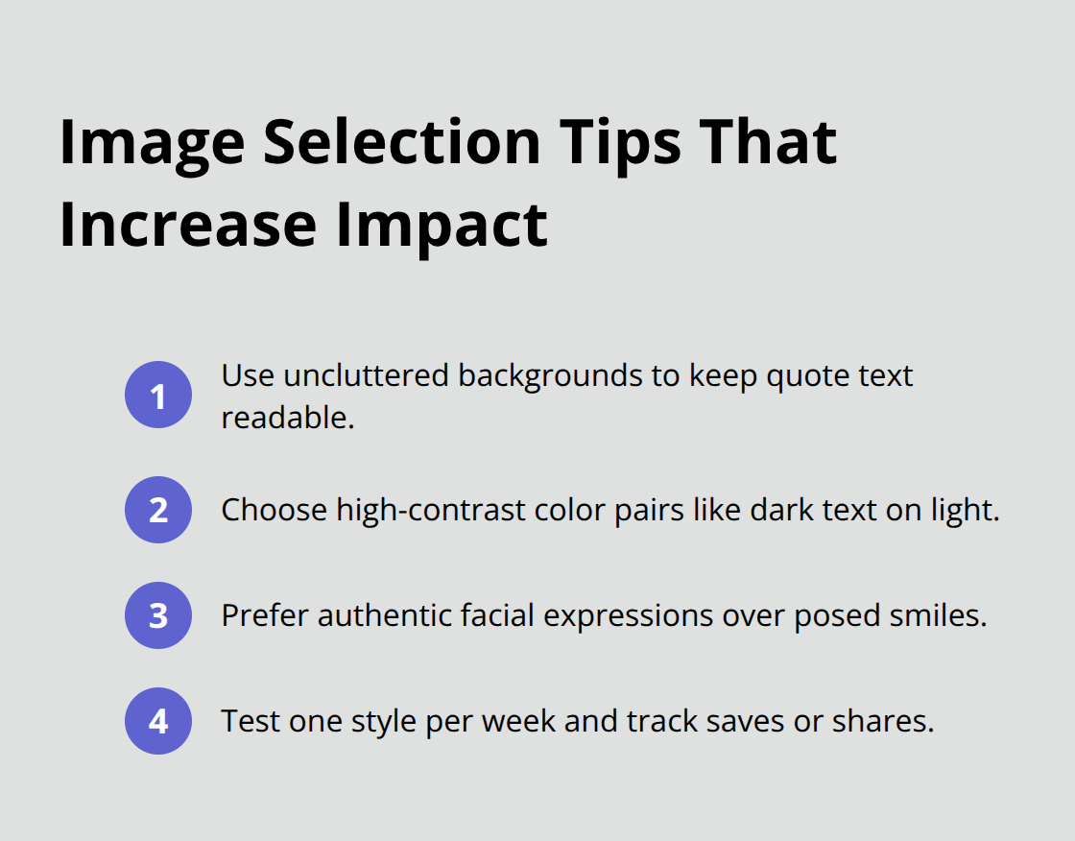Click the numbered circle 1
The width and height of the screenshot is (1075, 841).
pos(158,395)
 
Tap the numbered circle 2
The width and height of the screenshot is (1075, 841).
pos(158,510)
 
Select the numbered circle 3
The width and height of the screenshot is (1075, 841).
pos(158,615)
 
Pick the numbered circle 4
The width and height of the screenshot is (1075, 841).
pos(158,721)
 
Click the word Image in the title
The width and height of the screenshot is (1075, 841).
pos(152,142)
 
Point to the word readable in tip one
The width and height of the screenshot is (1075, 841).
pos(284,419)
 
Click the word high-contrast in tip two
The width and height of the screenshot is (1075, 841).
pos(417,510)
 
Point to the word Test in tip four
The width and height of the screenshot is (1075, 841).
pos(245,721)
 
